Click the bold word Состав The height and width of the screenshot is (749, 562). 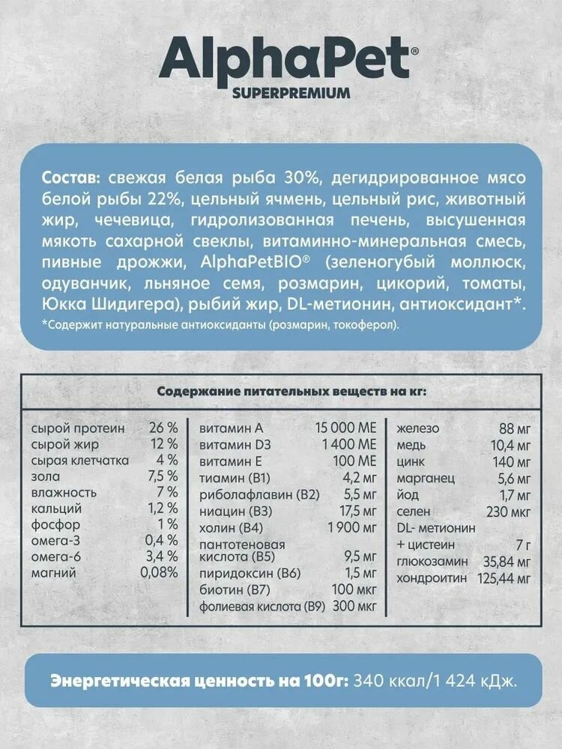(69, 178)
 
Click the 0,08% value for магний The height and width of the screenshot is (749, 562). (159, 572)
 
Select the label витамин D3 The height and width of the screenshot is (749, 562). (233, 445)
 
